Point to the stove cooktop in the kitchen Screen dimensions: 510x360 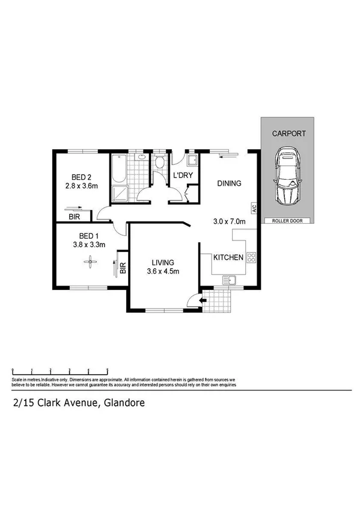point(252,258)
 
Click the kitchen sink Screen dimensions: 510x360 point(229,280)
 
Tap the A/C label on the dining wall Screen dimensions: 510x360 point(254,210)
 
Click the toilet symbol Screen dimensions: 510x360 point(160,163)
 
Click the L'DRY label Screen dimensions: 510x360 point(182,175)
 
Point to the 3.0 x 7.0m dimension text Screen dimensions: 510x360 point(230,221)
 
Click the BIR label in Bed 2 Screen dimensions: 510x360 point(75,217)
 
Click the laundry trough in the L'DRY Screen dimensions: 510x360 point(192,161)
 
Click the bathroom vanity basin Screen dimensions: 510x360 point(142,158)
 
